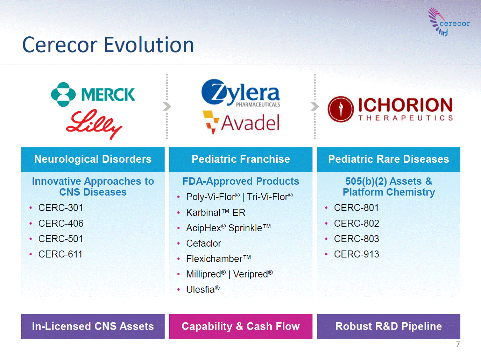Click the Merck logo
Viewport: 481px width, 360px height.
(93, 94)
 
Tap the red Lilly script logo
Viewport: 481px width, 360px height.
(94, 124)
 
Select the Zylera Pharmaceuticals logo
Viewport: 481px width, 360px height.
(241, 93)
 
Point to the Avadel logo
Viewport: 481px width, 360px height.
(241, 122)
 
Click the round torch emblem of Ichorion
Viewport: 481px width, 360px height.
(340, 109)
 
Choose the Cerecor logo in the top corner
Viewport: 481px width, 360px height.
(449, 22)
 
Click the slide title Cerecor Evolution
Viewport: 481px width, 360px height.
(108, 45)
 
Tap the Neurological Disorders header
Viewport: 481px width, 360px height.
(93, 159)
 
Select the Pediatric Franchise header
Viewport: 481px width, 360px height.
(241, 159)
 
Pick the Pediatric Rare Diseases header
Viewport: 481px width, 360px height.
(389, 159)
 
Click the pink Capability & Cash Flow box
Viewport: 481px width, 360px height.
(241, 326)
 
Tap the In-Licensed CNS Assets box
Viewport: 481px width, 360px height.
(93, 326)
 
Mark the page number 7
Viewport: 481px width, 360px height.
(458, 344)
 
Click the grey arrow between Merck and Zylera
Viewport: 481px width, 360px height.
(167, 106)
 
